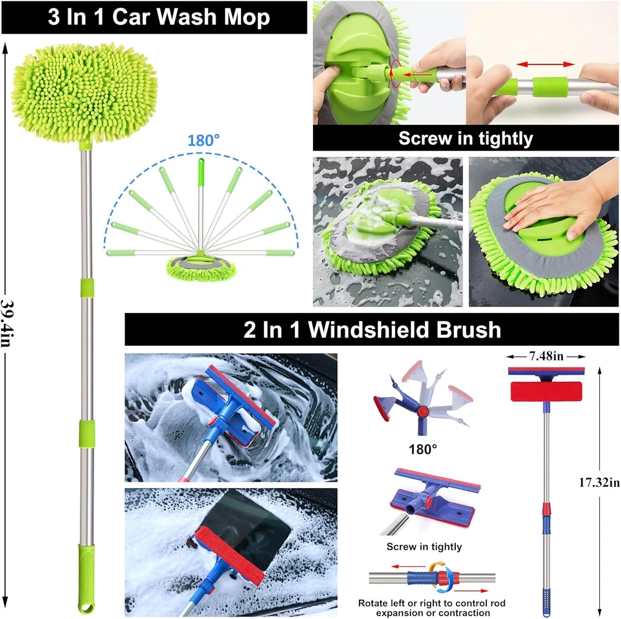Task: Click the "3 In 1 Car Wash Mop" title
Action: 159,17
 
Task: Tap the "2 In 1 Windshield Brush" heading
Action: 372,330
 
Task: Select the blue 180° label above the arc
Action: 203,140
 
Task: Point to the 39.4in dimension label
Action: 6,323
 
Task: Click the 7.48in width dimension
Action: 546,356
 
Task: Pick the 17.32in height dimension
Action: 599,482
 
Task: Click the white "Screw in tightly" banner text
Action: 465,138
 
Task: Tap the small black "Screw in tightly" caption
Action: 424,546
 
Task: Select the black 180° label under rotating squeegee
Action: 422,449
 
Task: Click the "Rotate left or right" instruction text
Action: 432,608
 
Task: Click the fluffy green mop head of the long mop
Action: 84,93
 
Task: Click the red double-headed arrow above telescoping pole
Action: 545,64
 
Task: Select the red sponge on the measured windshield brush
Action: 546,391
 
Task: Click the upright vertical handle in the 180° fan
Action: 201,204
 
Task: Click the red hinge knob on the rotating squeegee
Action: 423,411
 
